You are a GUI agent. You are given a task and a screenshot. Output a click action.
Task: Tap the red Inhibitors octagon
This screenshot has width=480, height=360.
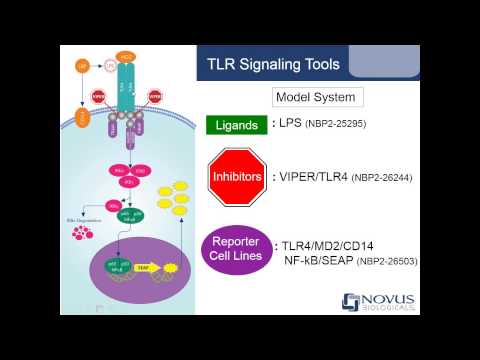(235, 177)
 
